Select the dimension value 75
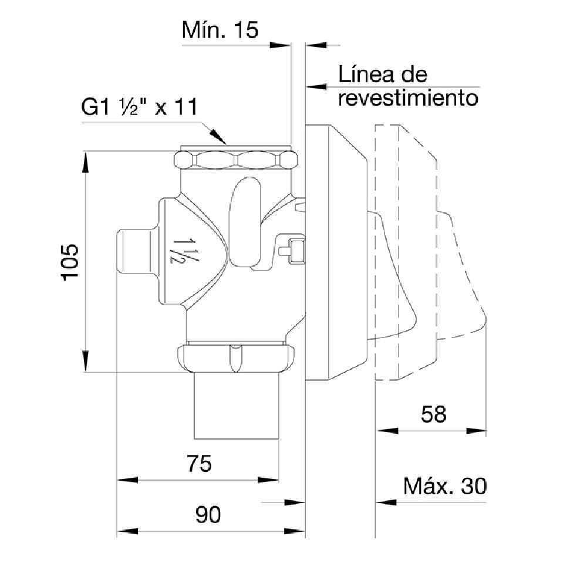199,464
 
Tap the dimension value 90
208,515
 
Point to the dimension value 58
434,414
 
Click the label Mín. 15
220,30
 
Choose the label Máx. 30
445,487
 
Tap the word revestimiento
408,97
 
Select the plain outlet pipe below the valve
236,406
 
